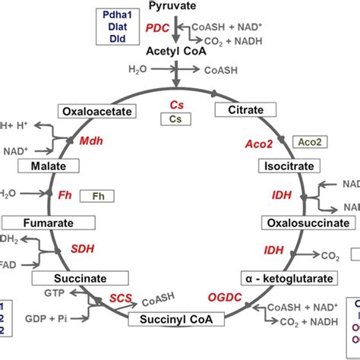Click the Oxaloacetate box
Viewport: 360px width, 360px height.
108,111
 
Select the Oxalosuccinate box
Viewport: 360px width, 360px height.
297,223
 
